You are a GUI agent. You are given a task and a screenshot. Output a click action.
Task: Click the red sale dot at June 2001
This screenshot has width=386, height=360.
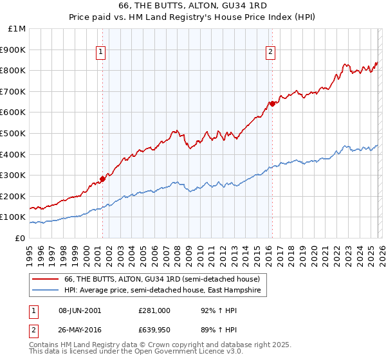click(x=102, y=179)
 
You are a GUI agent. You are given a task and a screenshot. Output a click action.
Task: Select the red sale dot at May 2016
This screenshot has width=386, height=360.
click(x=272, y=104)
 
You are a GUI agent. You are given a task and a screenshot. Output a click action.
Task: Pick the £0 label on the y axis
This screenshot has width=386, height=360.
click(x=19, y=238)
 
